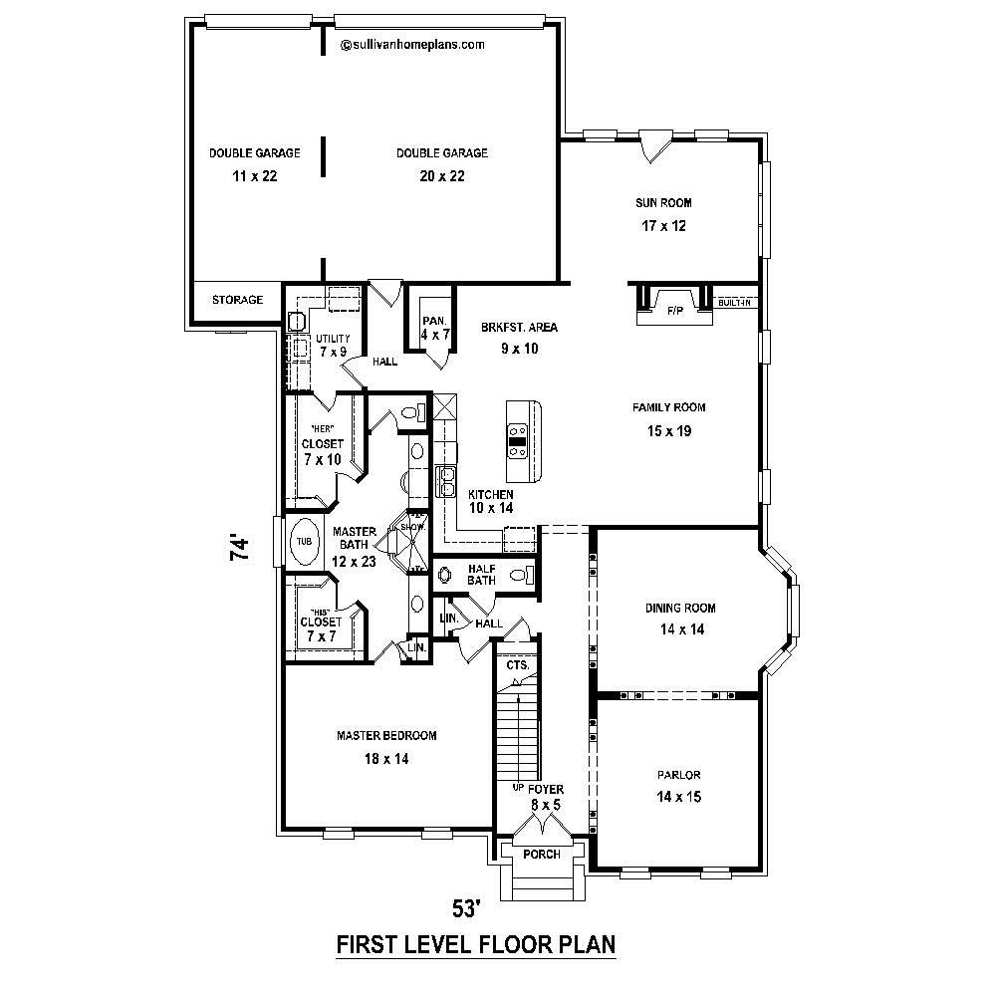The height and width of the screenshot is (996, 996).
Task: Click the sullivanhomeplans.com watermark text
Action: [x=412, y=44]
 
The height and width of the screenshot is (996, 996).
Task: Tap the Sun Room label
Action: [x=663, y=203]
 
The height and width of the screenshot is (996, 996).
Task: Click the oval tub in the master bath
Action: [x=304, y=541]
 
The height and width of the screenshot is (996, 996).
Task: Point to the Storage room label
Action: [x=237, y=300]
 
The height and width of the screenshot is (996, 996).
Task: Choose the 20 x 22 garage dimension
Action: [x=441, y=176]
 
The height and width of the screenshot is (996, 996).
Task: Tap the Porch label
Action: [x=542, y=855]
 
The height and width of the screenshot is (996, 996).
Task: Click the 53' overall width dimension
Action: [x=467, y=908]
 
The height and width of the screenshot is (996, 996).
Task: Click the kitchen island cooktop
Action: [x=518, y=439]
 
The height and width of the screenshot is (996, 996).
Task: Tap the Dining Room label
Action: [x=680, y=608]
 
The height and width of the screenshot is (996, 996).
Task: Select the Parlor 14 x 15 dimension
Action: [x=679, y=797]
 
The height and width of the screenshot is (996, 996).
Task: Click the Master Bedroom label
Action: [x=386, y=736]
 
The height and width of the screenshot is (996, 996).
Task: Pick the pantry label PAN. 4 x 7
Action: [x=433, y=328]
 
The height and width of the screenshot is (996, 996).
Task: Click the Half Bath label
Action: [x=481, y=574]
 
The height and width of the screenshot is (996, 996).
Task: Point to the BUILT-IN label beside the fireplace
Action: [x=735, y=302]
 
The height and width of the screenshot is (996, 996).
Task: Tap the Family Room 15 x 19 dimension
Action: [x=668, y=431]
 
